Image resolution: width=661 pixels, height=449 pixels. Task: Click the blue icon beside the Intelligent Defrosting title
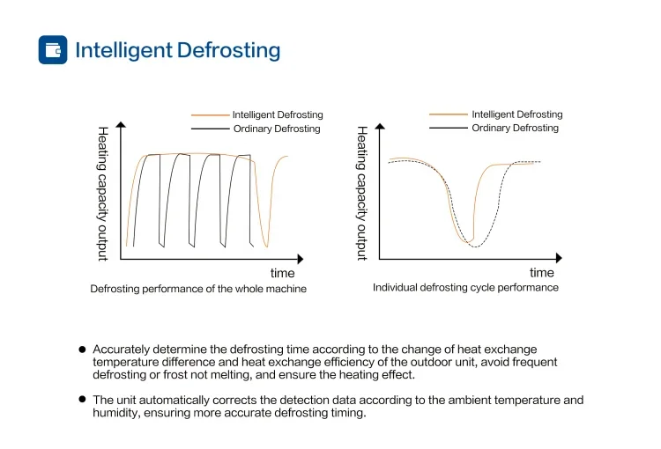point(53,49)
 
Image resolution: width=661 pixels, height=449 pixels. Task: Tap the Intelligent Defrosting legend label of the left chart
point(278,114)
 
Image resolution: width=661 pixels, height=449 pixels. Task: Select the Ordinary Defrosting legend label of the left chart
point(276,129)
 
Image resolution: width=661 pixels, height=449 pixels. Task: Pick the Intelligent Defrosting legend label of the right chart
point(516,114)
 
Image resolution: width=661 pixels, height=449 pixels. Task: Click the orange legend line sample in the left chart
point(210,114)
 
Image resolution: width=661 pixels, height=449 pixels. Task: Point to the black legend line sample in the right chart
point(448,128)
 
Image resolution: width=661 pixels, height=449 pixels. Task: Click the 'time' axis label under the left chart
point(282,274)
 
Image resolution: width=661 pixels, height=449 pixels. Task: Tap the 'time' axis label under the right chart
point(542,273)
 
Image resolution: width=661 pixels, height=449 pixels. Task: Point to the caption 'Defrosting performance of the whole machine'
point(198,289)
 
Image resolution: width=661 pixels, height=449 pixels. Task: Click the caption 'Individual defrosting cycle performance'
point(465,287)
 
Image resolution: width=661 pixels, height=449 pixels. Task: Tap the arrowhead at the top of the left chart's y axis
point(121,127)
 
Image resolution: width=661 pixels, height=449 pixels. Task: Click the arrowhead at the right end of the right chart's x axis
point(560,259)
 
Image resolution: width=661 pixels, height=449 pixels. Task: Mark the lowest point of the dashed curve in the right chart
point(474,246)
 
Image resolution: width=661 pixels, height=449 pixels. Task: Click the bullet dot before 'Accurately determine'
point(82,350)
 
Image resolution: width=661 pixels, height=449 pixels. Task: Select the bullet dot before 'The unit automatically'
point(82,399)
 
